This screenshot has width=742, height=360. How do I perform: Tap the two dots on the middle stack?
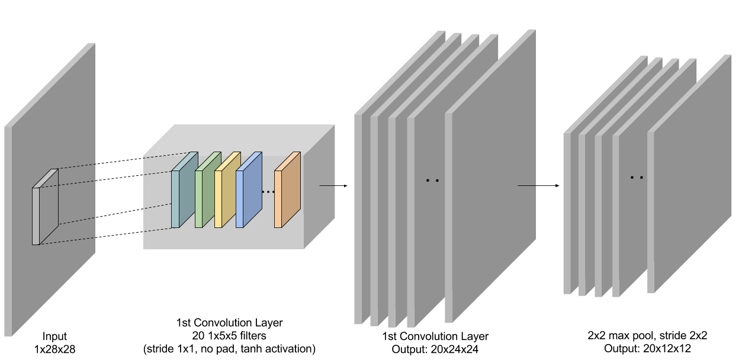click(432, 180)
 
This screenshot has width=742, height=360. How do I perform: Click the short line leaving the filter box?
click(327, 185)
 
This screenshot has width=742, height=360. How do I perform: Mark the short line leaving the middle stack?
click(526, 185)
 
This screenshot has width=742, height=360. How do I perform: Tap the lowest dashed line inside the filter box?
click(157, 229)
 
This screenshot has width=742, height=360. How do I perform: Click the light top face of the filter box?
click(237, 139)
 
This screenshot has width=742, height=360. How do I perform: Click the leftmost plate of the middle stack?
click(358, 219)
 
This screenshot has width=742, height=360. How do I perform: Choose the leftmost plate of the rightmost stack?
click(567, 213)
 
